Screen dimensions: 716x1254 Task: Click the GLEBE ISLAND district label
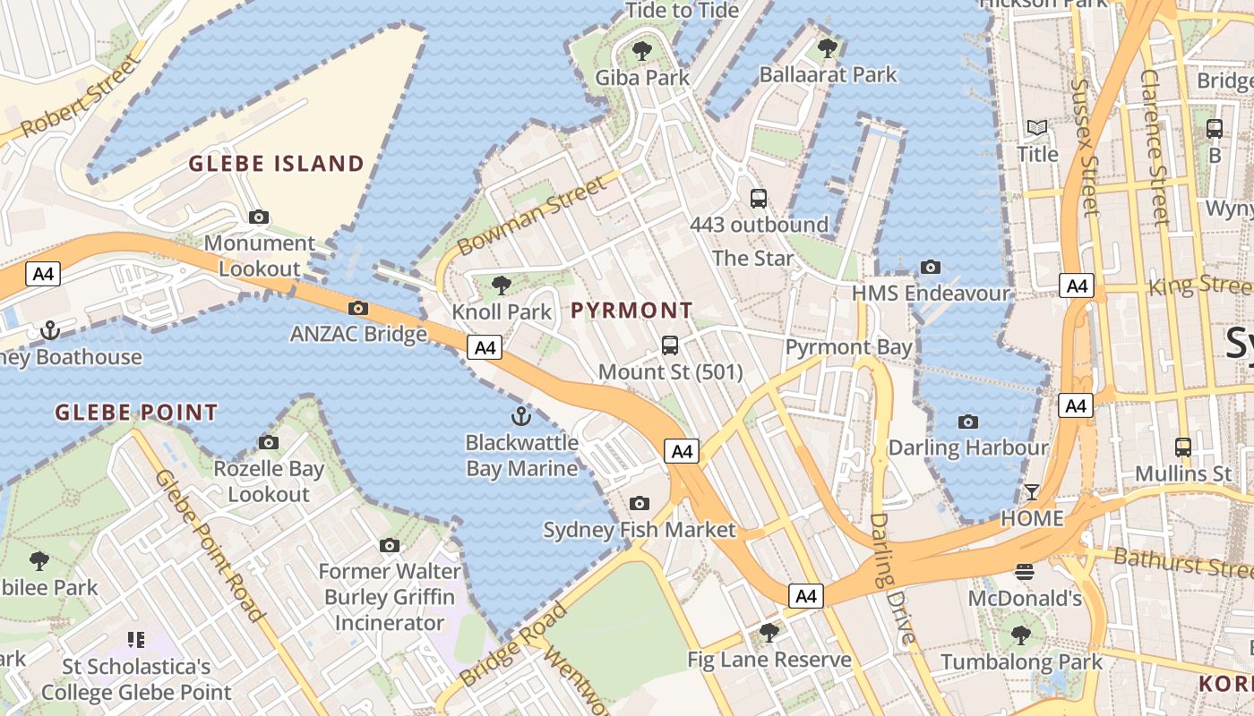pos(277,164)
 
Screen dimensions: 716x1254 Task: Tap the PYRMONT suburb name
pos(631,311)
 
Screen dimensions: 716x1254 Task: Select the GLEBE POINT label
pos(136,413)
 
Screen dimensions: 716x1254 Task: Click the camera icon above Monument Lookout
pos(259,217)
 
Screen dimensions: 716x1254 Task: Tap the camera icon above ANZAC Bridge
pos(358,309)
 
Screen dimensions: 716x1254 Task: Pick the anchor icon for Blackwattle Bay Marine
pos(520,416)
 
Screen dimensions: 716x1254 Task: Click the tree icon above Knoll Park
pos(502,286)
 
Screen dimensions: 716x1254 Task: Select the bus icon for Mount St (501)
pos(670,345)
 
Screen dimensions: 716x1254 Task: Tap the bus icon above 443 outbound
pos(759,199)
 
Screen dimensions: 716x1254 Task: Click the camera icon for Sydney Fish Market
pos(639,504)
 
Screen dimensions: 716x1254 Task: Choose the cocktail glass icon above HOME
pos(1032,492)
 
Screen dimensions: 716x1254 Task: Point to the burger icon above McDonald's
pos(1025,571)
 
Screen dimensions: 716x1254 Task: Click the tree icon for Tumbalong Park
pos(1020,635)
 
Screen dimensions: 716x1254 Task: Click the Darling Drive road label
pos(893,577)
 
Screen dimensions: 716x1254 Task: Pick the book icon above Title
pos(1037,128)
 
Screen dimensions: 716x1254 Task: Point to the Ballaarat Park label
pos(828,75)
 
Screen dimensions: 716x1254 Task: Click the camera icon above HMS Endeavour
pos(931,267)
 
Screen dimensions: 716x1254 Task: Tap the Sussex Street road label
pos(1085,148)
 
